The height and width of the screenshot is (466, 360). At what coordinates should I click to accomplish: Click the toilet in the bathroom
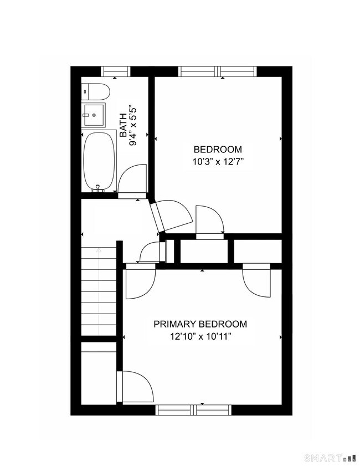(96, 91)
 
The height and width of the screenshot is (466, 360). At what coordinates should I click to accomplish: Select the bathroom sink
(94, 115)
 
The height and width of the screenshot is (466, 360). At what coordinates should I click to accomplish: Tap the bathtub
(100, 161)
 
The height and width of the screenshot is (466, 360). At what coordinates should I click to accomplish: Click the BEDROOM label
(218, 150)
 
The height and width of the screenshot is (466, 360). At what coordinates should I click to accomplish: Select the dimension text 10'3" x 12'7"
(218, 162)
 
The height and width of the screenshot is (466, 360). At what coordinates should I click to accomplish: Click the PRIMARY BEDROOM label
(200, 324)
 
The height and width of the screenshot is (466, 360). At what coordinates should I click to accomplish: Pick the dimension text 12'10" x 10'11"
(200, 336)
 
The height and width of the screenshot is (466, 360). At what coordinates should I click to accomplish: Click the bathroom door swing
(132, 180)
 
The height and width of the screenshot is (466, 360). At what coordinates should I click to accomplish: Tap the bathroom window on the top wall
(115, 71)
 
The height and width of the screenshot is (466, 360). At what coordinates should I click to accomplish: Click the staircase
(99, 291)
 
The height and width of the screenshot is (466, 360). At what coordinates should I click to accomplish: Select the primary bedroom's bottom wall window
(193, 410)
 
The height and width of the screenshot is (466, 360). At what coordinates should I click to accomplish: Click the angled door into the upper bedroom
(172, 216)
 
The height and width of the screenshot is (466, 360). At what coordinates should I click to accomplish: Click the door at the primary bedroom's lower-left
(135, 387)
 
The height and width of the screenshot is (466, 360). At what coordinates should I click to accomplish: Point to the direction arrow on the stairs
(99, 250)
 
